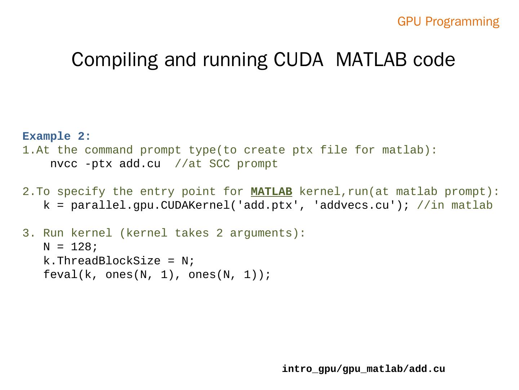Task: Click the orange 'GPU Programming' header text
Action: tap(448, 22)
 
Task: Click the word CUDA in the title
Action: tap(298, 60)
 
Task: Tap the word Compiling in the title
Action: tap(115, 60)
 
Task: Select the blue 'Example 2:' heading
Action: tap(57, 136)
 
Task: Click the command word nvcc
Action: tap(64, 164)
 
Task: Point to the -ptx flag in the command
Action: tap(98, 164)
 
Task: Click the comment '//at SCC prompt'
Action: tap(226, 164)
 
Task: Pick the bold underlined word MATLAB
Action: tap(271, 191)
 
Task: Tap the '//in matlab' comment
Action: tap(454, 205)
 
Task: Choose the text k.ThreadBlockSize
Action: tap(102, 261)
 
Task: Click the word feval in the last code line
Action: tap(61, 275)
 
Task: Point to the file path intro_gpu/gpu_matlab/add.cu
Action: tap(363, 369)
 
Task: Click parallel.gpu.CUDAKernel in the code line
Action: tap(150, 205)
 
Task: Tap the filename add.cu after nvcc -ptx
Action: tap(140, 164)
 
